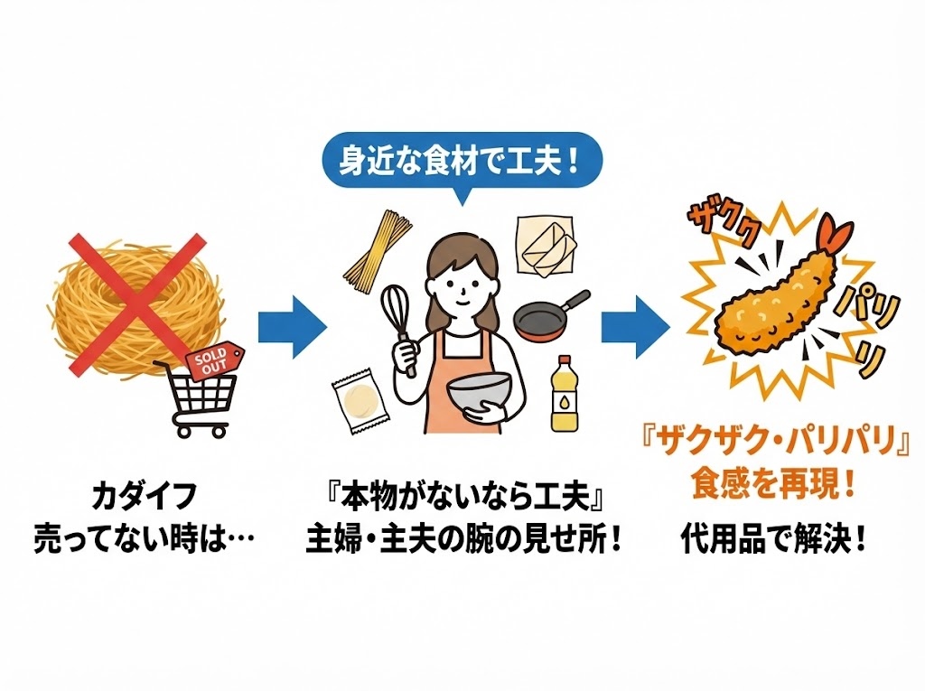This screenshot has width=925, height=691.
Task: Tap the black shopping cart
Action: [x=199, y=397]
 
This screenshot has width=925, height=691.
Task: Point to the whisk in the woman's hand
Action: [x=397, y=316]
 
